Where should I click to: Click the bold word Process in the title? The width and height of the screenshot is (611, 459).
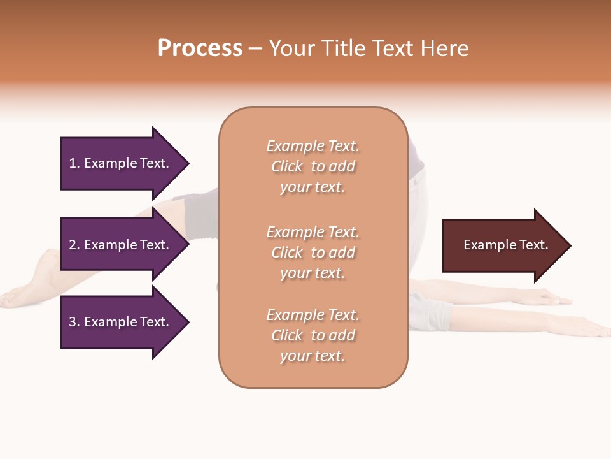pyautogui.click(x=200, y=48)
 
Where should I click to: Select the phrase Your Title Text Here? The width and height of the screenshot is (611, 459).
pyautogui.click(x=369, y=48)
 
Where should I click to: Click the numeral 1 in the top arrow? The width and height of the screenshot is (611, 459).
pyautogui.click(x=73, y=163)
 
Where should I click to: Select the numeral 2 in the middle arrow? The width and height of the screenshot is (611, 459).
pyautogui.click(x=73, y=245)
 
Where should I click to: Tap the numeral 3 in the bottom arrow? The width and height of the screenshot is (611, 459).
pyautogui.click(x=73, y=322)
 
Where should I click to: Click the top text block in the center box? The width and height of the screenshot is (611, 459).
pyautogui.click(x=313, y=166)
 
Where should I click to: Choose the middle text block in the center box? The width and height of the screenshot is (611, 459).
pyautogui.click(x=313, y=252)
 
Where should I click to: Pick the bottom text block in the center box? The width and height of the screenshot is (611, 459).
pyautogui.click(x=313, y=335)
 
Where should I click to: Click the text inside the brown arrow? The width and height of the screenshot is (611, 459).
pyautogui.click(x=505, y=245)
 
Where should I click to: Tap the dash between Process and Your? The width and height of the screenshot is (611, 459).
pyautogui.click(x=255, y=49)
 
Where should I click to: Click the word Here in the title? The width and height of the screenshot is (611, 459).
pyautogui.click(x=446, y=48)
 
